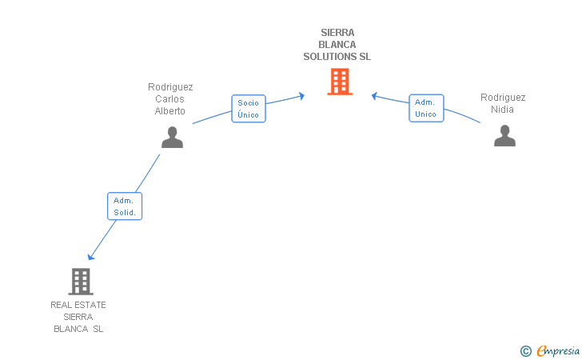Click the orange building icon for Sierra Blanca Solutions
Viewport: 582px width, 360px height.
click(340, 81)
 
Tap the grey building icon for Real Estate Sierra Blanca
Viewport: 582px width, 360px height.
click(81, 281)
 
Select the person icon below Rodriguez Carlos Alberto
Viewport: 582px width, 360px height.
click(172, 137)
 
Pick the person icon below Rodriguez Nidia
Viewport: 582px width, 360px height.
click(504, 135)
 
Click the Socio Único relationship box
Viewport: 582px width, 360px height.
click(249, 108)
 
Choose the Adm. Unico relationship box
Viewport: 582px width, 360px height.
click(425, 108)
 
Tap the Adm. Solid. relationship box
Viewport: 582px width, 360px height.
click(125, 206)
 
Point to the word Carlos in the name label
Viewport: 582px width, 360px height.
click(170, 99)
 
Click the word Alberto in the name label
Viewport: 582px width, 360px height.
click(170, 111)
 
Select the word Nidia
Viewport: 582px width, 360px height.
click(503, 110)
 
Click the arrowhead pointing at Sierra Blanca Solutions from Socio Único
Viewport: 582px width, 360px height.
click(301, 96)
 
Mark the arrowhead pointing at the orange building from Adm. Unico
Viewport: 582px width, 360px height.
click(374, 96)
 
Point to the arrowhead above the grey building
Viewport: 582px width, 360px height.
click(91, 256)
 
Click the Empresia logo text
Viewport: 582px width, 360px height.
click(557, 350)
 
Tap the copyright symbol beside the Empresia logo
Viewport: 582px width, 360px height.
click(525, 350)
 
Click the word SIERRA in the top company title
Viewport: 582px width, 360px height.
click(337, 33)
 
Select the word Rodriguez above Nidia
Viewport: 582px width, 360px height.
click(503, 98)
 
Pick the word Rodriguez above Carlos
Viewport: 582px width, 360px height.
click(170, 87)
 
